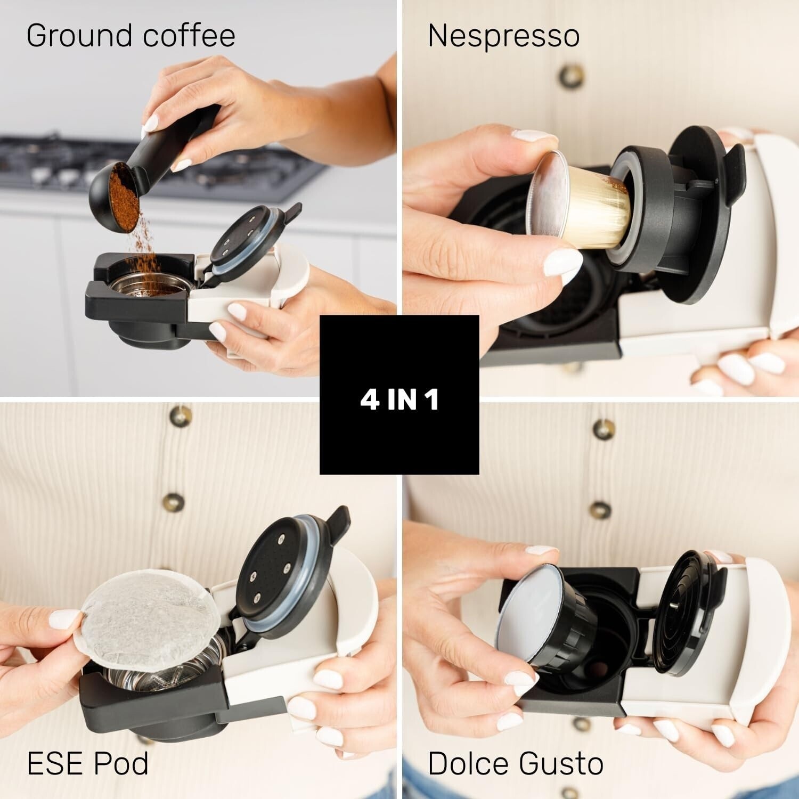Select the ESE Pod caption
tap(87, 763)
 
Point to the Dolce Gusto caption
tap(516, 763)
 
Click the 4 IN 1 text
tap(399, 401)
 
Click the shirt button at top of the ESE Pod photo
tap(180, 414)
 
